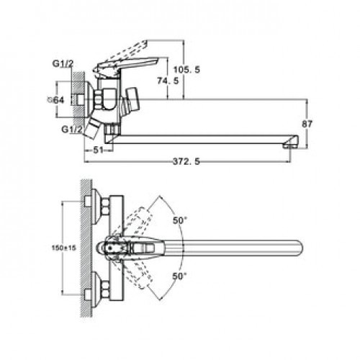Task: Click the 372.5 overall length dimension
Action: pos(186,161)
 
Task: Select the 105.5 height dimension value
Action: pos(186,70)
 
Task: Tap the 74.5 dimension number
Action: pos(168,81)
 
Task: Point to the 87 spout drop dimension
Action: pos(307,124)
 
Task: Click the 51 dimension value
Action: pos(98,150)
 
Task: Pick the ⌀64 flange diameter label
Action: pos(56,100)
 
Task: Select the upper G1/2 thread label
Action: pos(63,64)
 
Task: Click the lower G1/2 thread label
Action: pos(72,130)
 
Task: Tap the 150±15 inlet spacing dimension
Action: pos(64,248)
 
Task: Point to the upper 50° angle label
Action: pos(180,220)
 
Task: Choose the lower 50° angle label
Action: pos(180,276)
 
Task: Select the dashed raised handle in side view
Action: pos(128,51)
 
